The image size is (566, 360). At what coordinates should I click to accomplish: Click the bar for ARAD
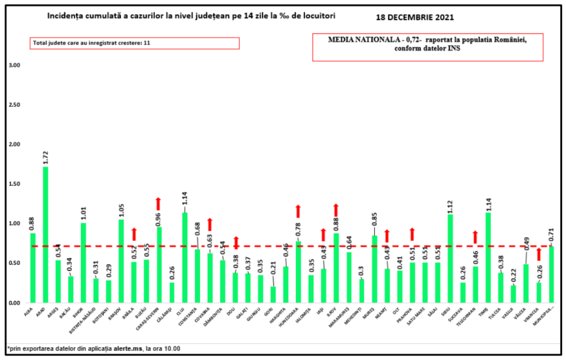(x=46, y=235)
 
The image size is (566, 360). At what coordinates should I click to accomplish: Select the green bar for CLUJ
(x=185, y=257)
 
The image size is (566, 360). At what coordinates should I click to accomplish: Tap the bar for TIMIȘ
(x=488, y=257)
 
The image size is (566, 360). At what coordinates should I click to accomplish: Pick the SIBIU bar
(x=450, y=258)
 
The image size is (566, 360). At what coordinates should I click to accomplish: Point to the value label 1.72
(x=46, y=157)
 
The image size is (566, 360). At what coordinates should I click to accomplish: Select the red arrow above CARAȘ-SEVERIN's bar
(x=160, y=204)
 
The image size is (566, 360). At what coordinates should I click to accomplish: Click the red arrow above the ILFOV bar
(x=336, y=210)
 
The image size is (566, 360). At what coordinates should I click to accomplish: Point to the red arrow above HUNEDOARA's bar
(x=298, y=211)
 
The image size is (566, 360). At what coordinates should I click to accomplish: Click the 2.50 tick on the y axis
(x=14, y=105)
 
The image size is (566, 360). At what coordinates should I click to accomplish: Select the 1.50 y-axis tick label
(x=14, y=184)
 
